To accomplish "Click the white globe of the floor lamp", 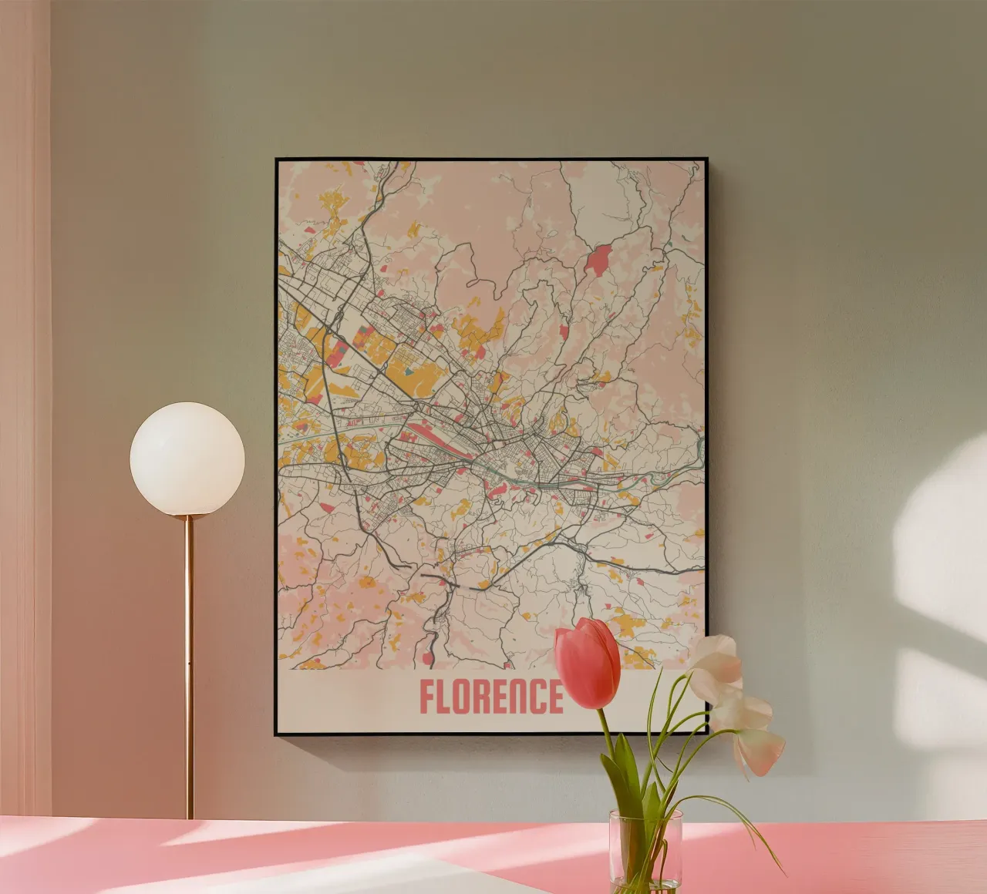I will coord(187,459).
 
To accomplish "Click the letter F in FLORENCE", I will coord(426,697).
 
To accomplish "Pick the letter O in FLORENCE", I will coord(466,697).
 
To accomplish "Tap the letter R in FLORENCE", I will coord(486,697).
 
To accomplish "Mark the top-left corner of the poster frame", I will coord(277,160).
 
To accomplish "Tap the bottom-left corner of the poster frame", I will coord(277,734).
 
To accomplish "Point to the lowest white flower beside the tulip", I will coord(760,751).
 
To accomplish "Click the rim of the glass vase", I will coord(645,814).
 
